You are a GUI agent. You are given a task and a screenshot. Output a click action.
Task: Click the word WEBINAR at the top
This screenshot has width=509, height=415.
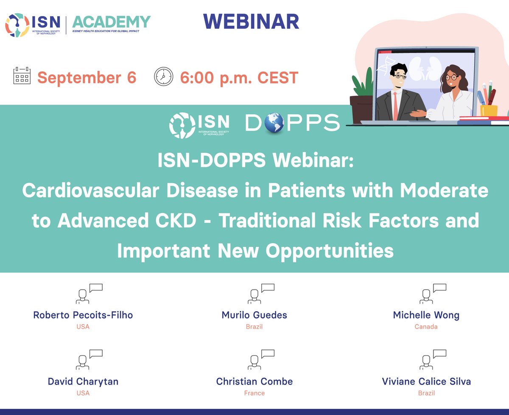[x=251, y=22]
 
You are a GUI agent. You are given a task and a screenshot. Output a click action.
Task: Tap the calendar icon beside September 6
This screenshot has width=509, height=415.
[x=22, y=77]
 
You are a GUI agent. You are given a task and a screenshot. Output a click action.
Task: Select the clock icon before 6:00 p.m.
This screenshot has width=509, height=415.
[x=164, y=77]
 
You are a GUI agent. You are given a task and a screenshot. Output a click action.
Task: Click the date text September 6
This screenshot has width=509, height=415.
[x=87, y=78]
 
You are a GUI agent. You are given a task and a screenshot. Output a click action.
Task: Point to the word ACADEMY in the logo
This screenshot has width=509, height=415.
[x=111, y=21]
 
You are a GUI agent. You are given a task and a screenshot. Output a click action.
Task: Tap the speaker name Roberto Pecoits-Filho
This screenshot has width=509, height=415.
[x=83, y=315]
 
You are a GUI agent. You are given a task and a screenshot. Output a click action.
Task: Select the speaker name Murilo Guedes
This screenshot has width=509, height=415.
[x=254, y=315]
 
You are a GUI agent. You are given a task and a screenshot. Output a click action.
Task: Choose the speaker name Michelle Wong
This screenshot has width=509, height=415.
[x=426, y=315]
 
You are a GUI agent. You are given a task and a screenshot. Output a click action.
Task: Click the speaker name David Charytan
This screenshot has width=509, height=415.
[x=83, y=381]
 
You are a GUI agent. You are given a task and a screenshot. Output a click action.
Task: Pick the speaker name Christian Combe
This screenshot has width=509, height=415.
[x=254, y=381]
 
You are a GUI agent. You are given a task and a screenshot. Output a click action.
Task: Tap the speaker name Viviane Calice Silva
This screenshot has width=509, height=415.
[x=426, y=381]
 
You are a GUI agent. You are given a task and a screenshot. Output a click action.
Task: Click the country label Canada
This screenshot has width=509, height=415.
[x=426, y=327]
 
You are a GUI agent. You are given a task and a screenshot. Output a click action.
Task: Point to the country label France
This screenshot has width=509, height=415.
[x=254, y=393]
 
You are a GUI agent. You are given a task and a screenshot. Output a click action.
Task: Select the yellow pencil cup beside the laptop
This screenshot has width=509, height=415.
[x=489, y=111]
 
